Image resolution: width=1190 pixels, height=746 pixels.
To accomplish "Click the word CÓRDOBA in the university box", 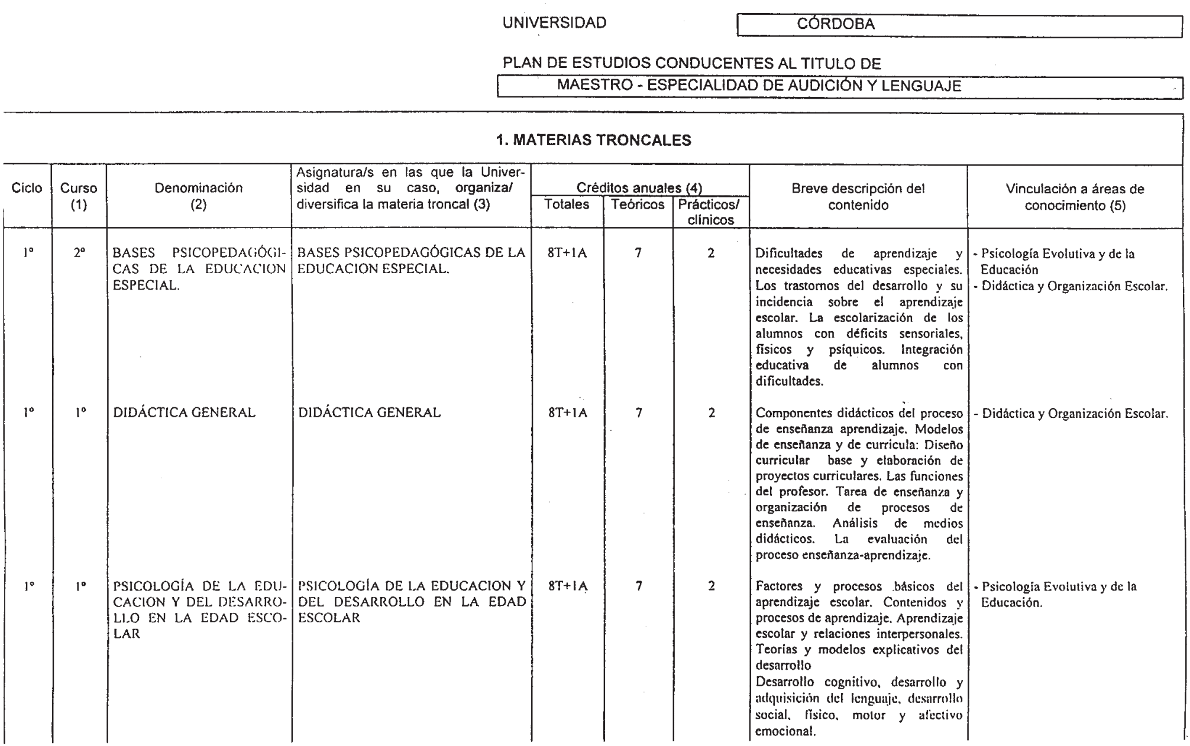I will tap(836, 24).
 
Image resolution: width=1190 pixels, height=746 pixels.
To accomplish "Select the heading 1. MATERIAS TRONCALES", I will tap(593, 140).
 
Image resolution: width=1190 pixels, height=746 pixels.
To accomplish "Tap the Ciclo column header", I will tap(27, 189).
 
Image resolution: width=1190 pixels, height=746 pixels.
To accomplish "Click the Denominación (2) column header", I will tap(199, 196).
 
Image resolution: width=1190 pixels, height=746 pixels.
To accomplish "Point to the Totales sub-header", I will tap(567, 205).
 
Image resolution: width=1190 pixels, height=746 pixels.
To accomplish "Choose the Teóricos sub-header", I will tap(638, 205).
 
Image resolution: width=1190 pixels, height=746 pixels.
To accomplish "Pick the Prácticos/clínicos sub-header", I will tap(710, 212).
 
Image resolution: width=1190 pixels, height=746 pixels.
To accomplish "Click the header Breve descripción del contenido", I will tap(858, 197).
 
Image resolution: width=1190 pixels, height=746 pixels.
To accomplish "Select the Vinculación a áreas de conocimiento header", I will tap(1075, 197).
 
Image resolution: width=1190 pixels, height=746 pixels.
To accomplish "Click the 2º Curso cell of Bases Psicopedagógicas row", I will tap(79, 253).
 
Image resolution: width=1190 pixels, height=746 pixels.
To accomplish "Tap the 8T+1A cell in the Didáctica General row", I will tap(567, 413).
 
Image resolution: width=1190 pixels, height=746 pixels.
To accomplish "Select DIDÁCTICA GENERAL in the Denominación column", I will tap(184, 413).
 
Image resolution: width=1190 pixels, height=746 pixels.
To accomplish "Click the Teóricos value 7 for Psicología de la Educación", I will tap(638, 586).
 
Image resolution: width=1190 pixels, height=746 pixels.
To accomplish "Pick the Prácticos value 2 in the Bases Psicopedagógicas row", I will tap(711, 253).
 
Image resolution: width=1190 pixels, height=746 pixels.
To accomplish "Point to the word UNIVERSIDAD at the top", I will tap(554, 23).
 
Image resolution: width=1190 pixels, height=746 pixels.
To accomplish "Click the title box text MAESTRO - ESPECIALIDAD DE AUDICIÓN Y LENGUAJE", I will tap(759, 86).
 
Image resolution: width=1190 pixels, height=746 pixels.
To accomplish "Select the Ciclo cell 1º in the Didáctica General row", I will tap(28, 413).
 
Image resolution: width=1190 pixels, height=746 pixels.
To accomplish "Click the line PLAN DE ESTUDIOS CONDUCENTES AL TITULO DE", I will tap(691, 63).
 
